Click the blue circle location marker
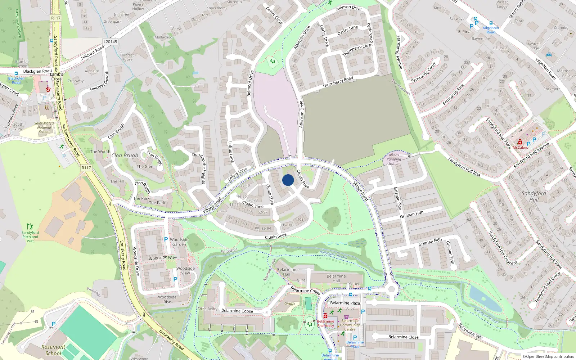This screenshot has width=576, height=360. pos(288,180)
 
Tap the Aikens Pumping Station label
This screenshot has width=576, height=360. pos(394,159)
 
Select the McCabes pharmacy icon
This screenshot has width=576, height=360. pos(520,143)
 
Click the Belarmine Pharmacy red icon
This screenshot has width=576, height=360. pos(325,316)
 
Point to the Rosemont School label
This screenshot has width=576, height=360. pos(53,350)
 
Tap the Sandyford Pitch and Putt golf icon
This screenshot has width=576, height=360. pos(30,226)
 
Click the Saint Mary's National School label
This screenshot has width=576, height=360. pos(44,127)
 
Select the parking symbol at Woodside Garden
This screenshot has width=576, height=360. pos(166,239)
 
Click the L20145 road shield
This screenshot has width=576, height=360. pos(110,42)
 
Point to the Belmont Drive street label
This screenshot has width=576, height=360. pos(250,84)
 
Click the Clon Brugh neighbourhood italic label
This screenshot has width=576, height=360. pos(125,156)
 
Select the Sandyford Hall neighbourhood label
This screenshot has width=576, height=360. pos(534,196)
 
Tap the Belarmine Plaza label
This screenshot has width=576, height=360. pos(345,303)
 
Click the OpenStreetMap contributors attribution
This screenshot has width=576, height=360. pos(548,356)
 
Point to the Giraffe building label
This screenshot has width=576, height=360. pos(290,303)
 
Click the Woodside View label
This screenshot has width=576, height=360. pos(185,271)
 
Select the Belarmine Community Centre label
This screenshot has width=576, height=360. pos(350,325)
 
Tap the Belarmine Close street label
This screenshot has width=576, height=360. pos(403,337)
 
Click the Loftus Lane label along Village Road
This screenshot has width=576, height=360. pos(238,174)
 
